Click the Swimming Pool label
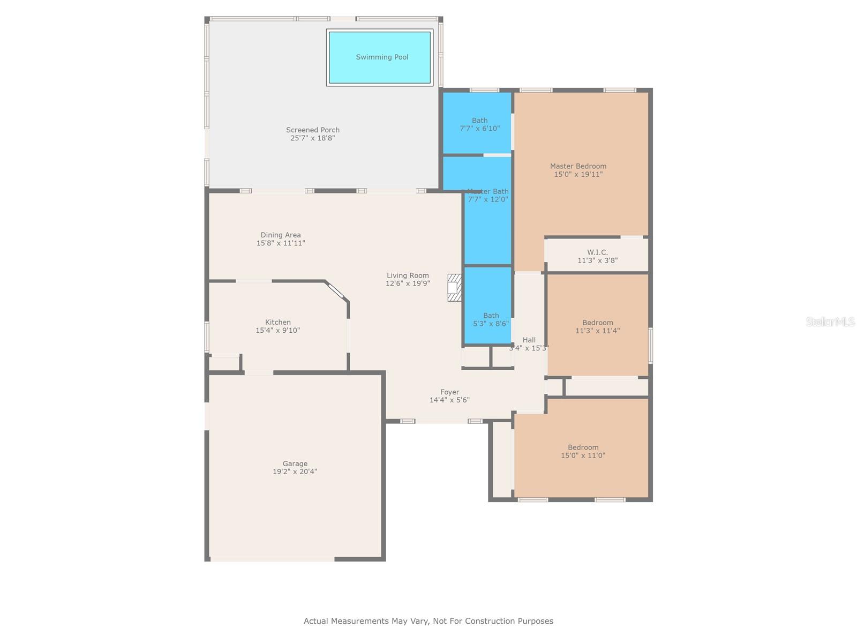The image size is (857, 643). [382, 57]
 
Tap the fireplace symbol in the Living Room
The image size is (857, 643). [454, 288]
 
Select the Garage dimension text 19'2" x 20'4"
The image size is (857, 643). [295, 472]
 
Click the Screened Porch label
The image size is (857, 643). [312, 130]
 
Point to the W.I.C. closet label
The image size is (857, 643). [597, 252]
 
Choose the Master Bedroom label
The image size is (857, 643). [578, 166]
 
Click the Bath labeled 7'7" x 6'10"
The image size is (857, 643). [479, 124]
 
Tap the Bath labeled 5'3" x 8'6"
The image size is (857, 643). [491, 319]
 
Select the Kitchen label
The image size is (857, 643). [277, 322]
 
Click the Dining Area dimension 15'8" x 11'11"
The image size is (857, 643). [281, 243]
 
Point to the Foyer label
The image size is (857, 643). [449, 392]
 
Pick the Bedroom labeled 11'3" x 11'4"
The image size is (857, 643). [597, 326]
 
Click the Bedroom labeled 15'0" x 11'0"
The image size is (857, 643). [583, 451]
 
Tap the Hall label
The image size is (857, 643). [529, 340]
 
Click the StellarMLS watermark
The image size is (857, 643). [830, 322]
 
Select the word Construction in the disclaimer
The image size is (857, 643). [487, 621]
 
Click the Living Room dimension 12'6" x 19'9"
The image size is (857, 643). [408, 283]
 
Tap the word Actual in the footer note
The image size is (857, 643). [316, 621]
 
